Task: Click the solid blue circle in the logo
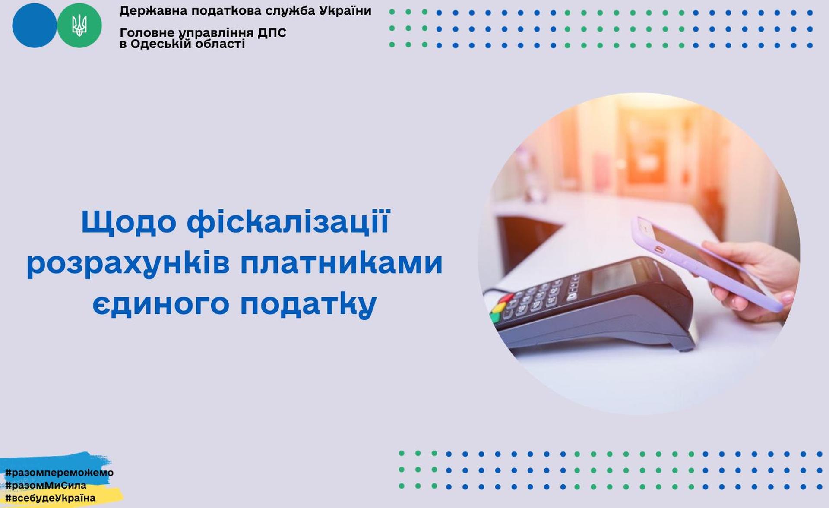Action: tap(34, 25)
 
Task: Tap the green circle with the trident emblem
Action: tap(79, 25)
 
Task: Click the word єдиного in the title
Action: tap(161, 303)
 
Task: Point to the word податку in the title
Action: tap(308, 303)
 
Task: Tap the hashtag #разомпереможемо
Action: tap(59, 472)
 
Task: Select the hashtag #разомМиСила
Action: tap(46, 485)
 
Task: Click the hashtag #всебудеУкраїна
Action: tap(50, 498)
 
